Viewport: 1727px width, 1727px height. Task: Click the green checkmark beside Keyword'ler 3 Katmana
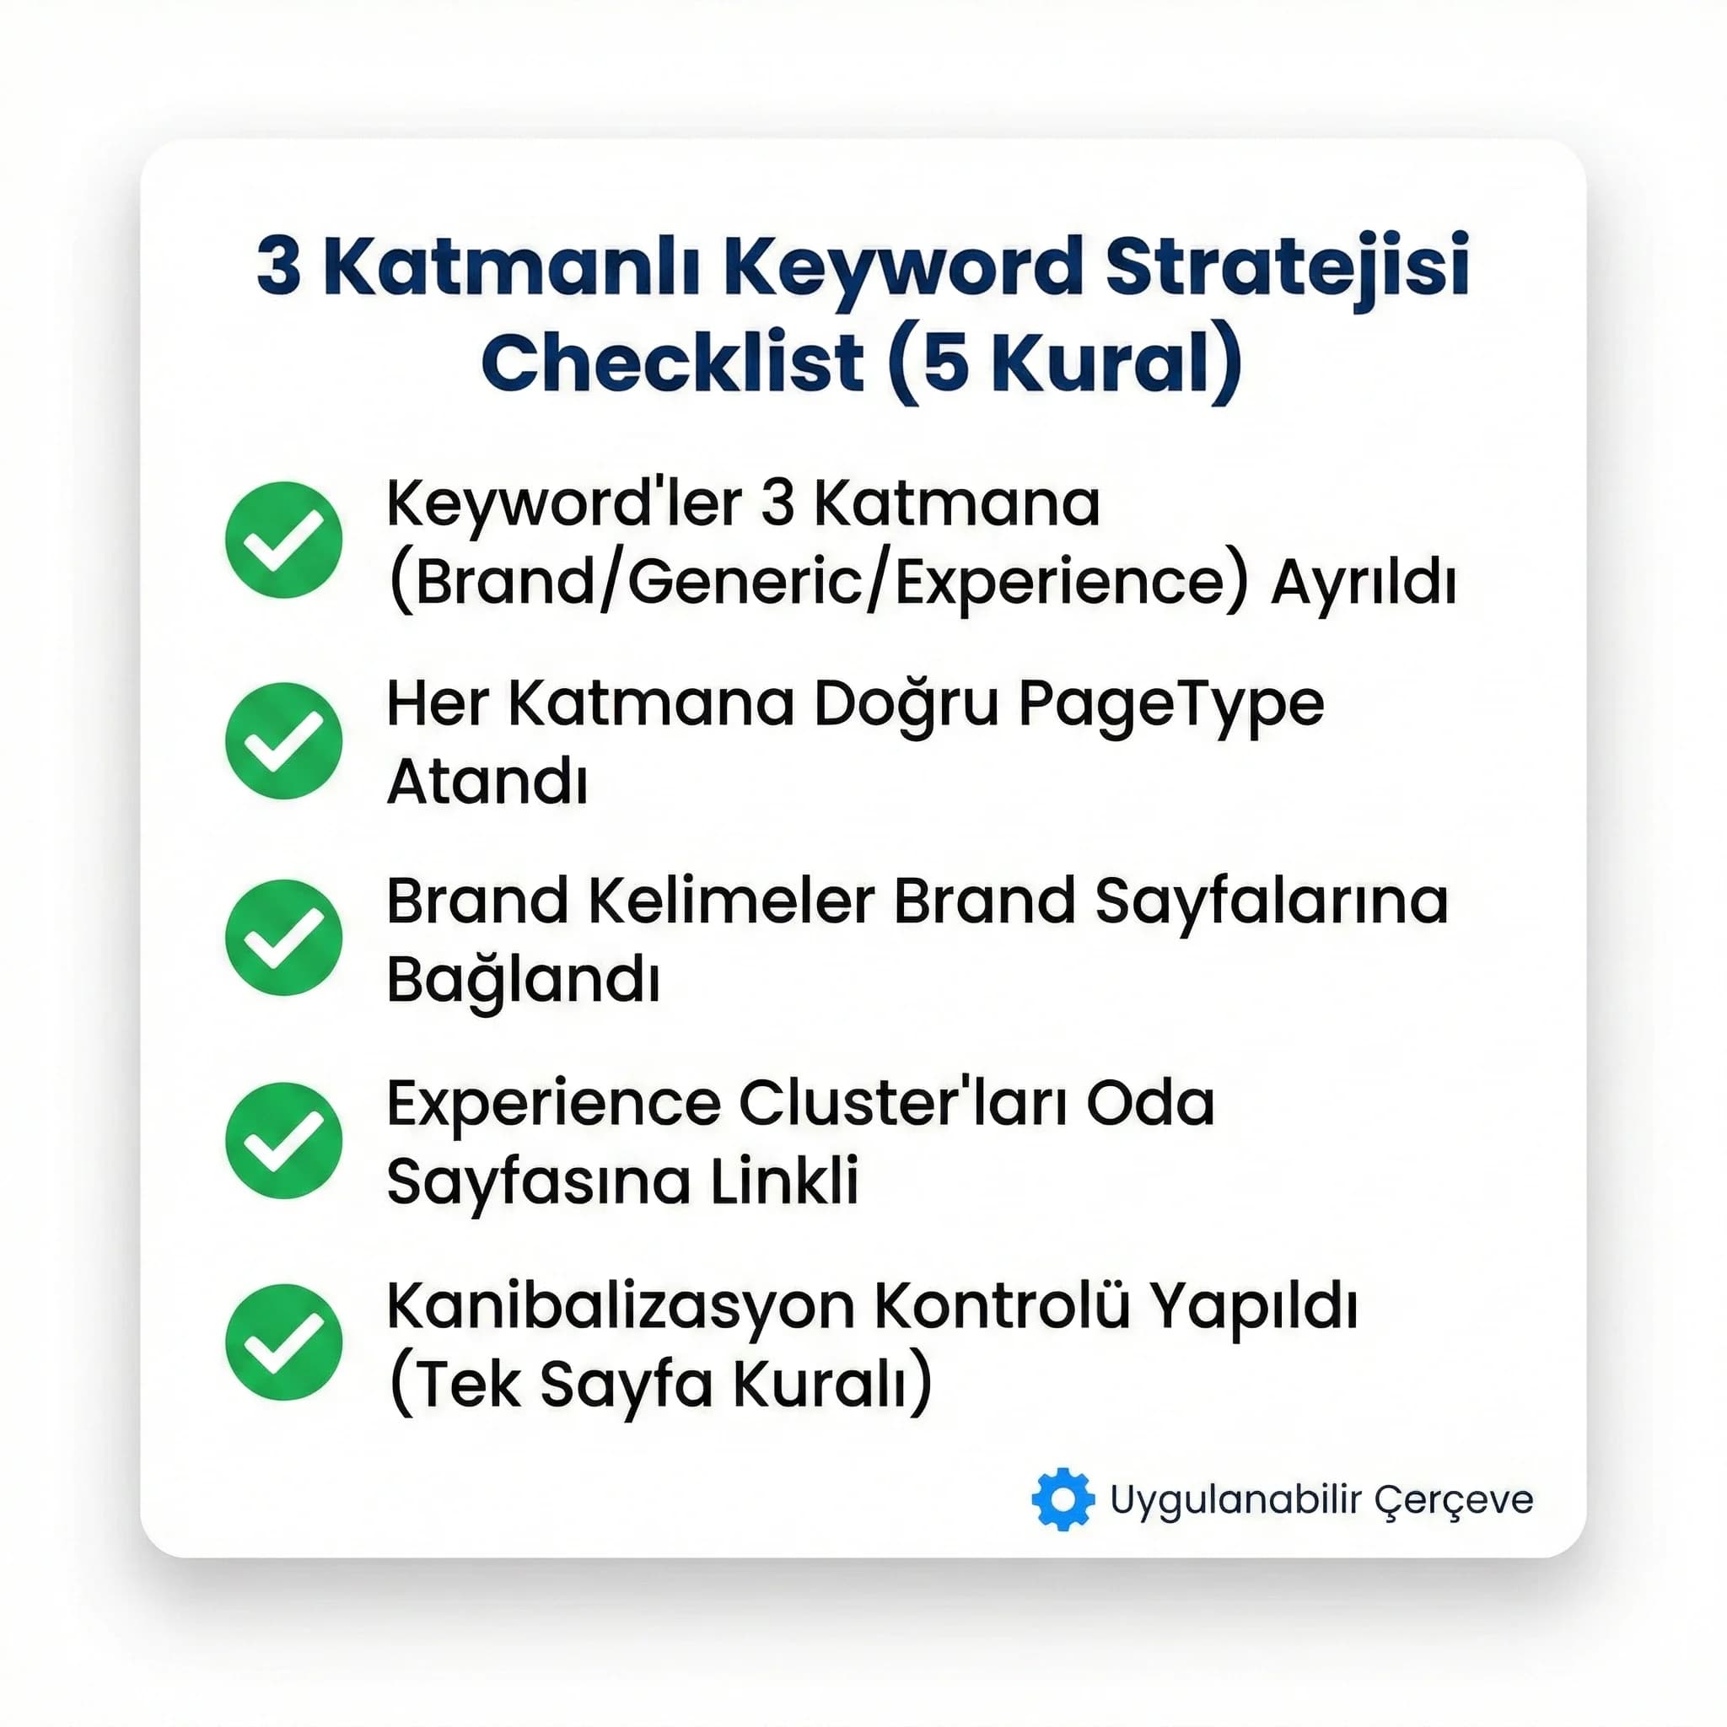tap(283, 540)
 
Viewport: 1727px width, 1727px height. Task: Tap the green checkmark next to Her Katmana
tap(283, 740)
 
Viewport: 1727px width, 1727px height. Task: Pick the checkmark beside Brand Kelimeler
tap(283, 938)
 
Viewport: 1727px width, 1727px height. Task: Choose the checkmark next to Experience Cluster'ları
tap(283, 1140)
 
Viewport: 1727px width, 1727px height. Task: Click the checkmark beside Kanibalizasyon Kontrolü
tap(283, 1342)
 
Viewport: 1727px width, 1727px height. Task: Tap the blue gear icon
tap(1062, 1499)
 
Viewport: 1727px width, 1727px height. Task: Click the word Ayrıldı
tap(1364, 583)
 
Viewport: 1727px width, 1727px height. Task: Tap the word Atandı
tap(487, 783)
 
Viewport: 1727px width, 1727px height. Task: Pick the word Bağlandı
tap(523, 981)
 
